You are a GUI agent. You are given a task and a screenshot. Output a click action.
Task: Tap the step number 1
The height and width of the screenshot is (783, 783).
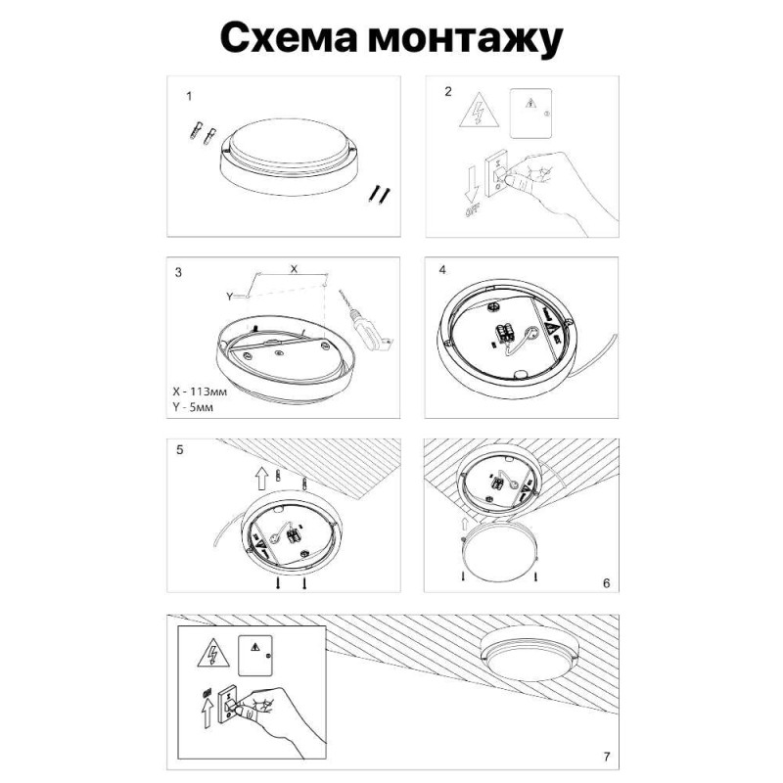(189, 97)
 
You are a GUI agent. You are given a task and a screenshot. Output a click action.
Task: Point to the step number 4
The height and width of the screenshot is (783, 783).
(442, 270)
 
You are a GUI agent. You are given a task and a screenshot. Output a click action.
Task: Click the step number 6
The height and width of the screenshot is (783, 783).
(606, 582)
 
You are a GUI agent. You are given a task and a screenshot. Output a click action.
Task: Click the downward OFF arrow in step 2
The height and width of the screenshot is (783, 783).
(471, 186)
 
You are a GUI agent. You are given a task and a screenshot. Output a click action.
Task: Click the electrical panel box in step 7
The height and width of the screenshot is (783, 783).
(258, 654)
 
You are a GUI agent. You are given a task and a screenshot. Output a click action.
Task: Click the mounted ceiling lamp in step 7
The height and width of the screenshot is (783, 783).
(527, 662)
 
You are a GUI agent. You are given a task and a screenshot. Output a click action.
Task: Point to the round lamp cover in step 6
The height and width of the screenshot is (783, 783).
(499, 548)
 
